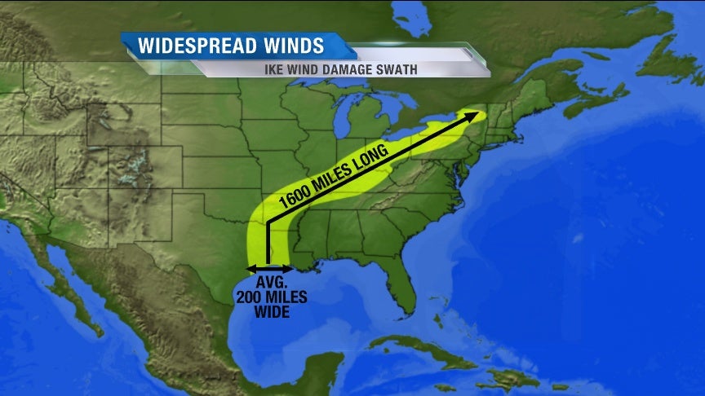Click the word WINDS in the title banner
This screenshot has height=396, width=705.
(290, 45)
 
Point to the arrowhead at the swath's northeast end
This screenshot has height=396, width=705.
(473, 115)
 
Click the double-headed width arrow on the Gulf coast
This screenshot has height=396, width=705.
(269, 268)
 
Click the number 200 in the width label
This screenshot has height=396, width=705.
(251, 297)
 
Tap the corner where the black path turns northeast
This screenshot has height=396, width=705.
(268, 220)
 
